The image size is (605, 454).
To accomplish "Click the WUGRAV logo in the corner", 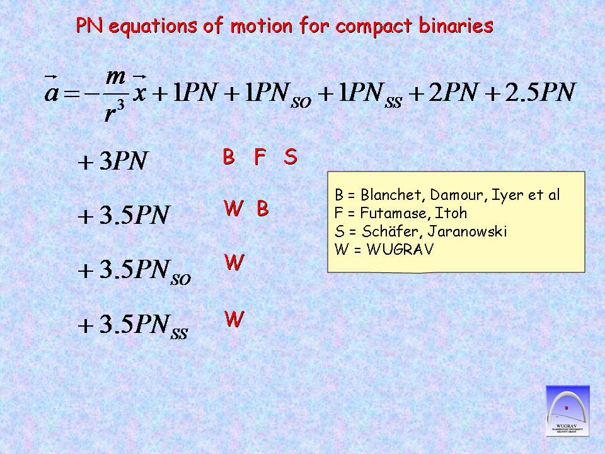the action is tap(568, 410).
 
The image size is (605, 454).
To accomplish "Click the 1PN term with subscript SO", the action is tap(278, 95).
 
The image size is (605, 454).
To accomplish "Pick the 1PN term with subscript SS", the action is tap(371, 95).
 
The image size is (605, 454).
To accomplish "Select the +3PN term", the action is tap(113, 160).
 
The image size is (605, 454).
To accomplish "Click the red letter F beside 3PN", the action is tap(260, 157).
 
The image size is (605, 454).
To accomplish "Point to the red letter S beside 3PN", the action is tap(291, 157).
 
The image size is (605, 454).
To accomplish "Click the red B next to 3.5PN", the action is tap(262, 209).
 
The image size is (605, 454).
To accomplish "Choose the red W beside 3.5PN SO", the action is tap(234, 262).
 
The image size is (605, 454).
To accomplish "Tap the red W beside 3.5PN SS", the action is tap(234, 319).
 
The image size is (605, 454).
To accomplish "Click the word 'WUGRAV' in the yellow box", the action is tap(400, 249).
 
